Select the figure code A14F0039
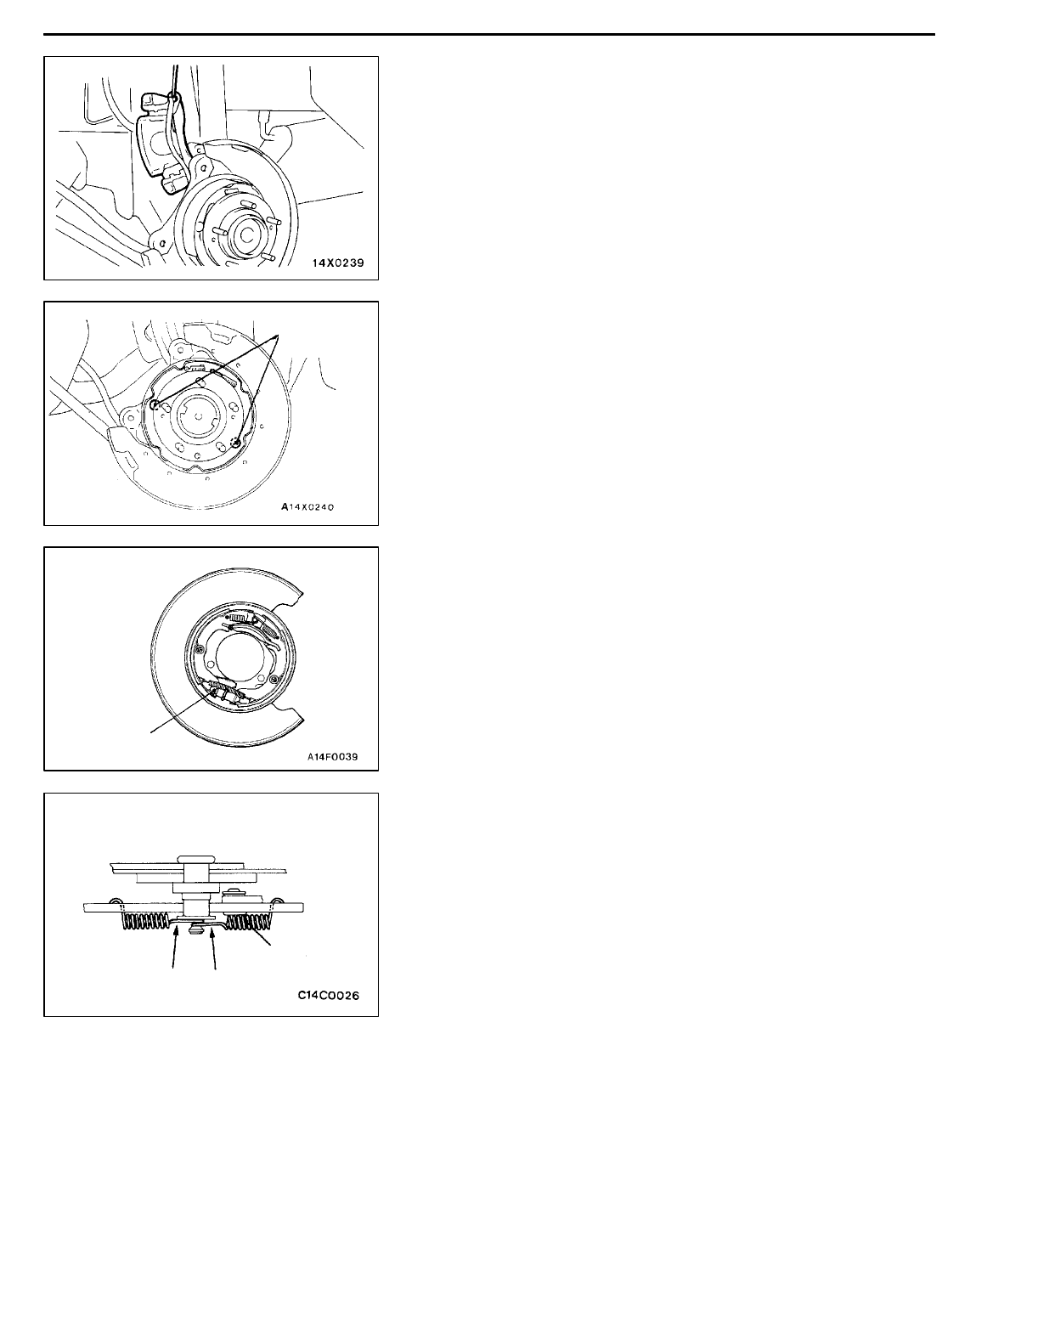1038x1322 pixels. (x=336, y=752)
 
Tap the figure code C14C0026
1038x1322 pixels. (x=328, y=996)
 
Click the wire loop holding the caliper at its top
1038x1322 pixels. (x=174, y=98)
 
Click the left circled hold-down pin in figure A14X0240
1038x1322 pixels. (x=155, y=405)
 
